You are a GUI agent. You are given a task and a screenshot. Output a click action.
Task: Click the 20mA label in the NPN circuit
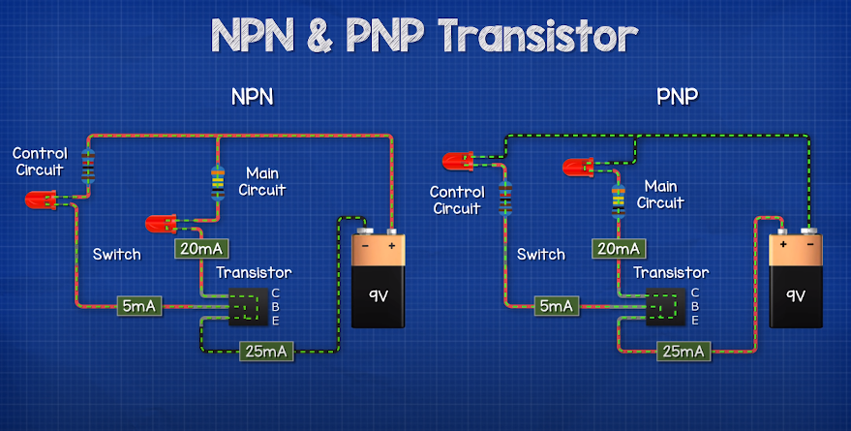click(200, 249)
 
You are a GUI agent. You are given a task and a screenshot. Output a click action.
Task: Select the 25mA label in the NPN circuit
click(265, 351)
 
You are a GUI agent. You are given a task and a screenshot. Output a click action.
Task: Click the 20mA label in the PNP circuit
click(618, 249)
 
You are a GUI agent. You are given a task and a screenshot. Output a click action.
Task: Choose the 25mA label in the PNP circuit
click(684, 351)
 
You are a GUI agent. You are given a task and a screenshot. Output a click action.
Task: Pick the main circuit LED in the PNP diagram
click(580, 169)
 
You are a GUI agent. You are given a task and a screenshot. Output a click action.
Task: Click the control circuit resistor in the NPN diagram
click(88, 165)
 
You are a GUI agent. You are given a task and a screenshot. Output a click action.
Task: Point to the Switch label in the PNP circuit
click(540, 255)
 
